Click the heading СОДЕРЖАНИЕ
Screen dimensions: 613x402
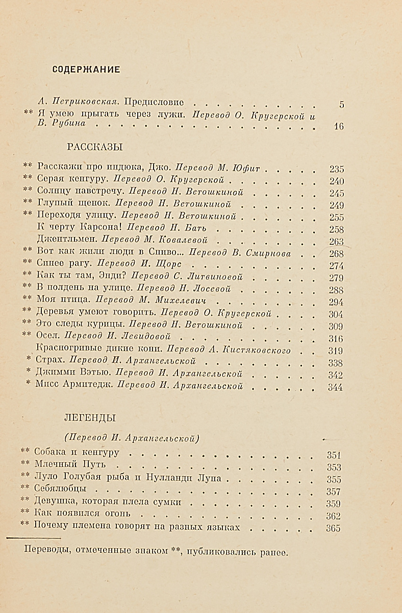click(x=86, y=70)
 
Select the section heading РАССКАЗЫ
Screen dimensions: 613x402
click(x=95, y=147)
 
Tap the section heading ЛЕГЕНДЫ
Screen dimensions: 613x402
click(x=89, y=418)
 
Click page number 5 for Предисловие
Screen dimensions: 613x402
click(x=341, y=105)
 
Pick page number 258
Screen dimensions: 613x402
click(x=337, y=229)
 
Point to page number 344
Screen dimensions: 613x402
click(x=335, y=387)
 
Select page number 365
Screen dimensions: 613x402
click(x=333, y=528)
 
